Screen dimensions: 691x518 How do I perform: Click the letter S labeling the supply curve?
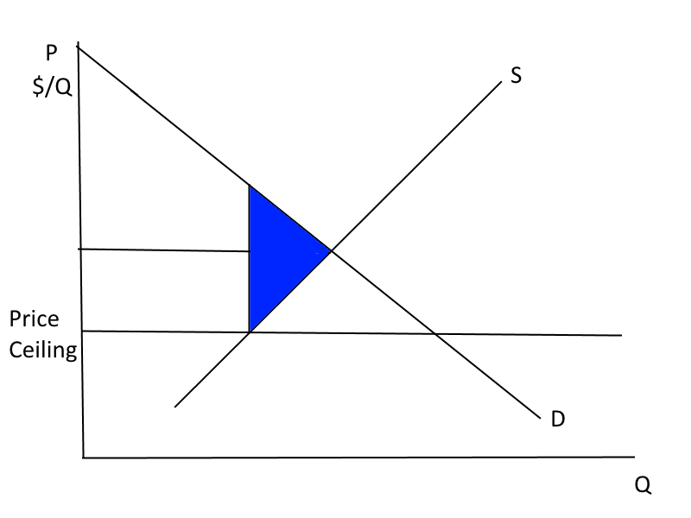pos(516,76)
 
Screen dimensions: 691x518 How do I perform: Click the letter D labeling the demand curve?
pos(558,420)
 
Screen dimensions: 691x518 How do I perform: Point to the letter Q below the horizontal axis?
pos(642,485)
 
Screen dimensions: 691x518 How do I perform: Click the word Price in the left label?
pos(35,320)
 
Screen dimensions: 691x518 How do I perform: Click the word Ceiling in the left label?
pos(43,351)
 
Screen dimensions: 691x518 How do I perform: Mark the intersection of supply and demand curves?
pos(331,251)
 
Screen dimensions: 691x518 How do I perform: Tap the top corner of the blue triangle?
pos(250,186)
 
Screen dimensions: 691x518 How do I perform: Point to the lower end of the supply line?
pos(175,406)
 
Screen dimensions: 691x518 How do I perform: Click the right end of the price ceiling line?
pos(622,335)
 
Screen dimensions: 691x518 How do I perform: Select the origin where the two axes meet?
pos(84,457)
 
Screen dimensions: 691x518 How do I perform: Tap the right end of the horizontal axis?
pos(634,456)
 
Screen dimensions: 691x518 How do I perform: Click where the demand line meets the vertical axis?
pos(79,47)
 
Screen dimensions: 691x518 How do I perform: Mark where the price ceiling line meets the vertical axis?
pos(81,332)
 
